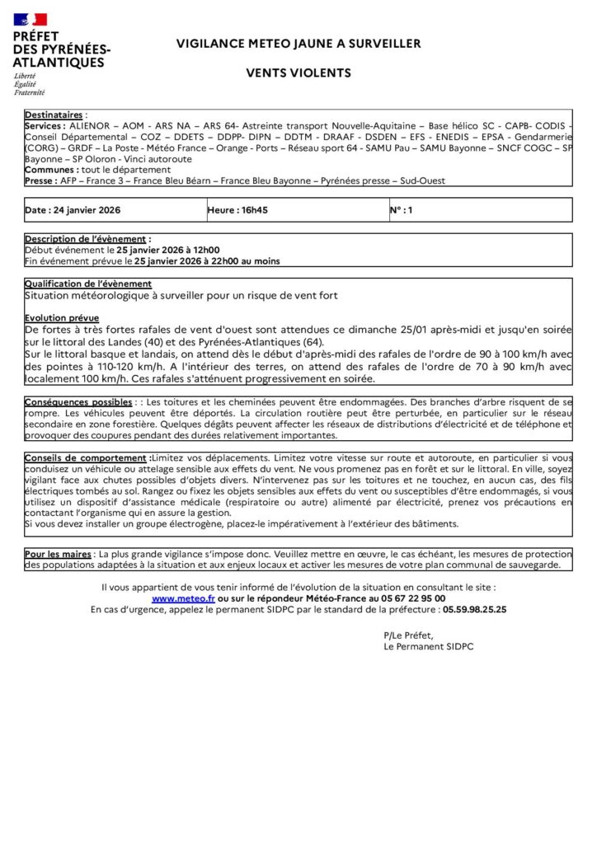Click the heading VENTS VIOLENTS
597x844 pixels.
298,73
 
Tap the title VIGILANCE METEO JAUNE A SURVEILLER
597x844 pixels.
298,44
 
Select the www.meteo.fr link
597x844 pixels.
183,598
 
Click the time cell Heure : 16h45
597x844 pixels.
238,210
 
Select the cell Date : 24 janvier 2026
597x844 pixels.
73,210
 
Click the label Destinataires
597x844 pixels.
54,115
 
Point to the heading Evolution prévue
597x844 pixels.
62,317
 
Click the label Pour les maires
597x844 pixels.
59,555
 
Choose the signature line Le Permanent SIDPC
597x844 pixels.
429,647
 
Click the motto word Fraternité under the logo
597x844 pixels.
30,92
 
